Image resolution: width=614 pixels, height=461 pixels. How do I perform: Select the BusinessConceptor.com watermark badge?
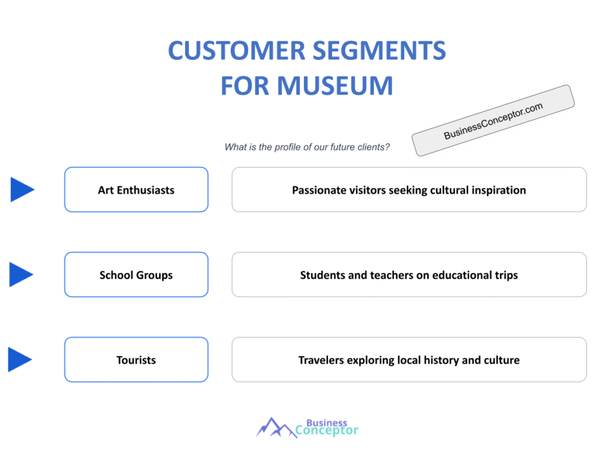coord(493,121)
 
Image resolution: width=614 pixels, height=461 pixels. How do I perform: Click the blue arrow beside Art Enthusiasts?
coord(22,190)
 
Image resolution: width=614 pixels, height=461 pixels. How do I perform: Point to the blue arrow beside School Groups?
coord(22,274)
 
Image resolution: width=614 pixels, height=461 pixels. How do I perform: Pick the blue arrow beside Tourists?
coord(20,360)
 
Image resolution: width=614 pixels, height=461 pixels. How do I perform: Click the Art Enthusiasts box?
coord(136,190)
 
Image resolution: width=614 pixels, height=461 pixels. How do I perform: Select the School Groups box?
coord(136,275)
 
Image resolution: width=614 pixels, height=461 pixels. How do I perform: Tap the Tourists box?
coord(136,360)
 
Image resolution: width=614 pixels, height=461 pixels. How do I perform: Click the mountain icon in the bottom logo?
coord(274,427)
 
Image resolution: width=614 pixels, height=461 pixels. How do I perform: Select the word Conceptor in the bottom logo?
coord(327,430)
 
